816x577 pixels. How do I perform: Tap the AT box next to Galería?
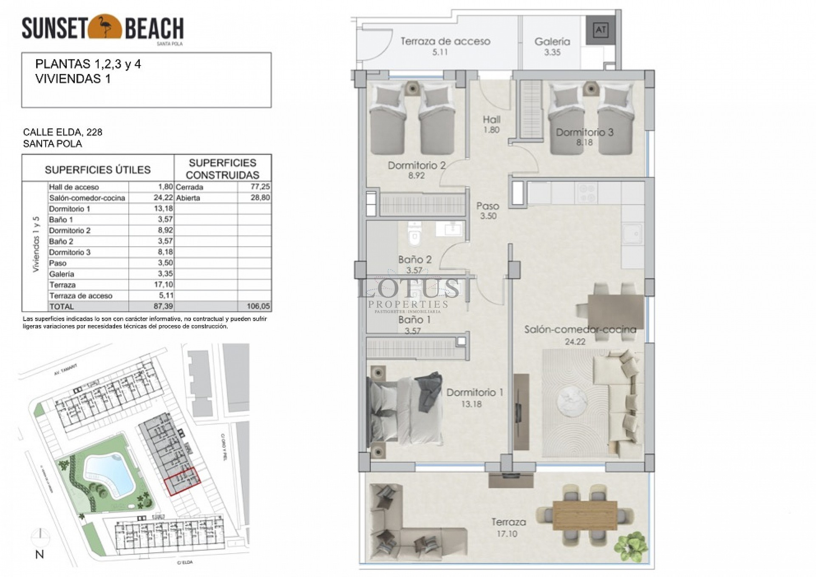tap(600, 30)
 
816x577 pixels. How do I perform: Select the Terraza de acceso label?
tap(445, 42)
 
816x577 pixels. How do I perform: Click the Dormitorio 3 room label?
tap(584, 133)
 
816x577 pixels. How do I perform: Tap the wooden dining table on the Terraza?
tap(584, 515)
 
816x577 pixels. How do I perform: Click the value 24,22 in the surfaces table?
tap(163, 198)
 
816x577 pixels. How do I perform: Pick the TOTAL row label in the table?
tap(62, 307)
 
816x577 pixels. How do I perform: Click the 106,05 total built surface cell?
tap(258, 307)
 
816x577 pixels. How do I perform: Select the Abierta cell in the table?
tap(188, 198)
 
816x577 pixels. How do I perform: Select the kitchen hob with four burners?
tap(586, 193)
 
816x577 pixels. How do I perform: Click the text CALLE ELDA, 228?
tap(62, 132)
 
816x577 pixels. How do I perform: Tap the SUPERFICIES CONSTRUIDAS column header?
tap(222, 169)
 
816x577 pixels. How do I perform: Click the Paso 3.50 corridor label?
tap(488, 210)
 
